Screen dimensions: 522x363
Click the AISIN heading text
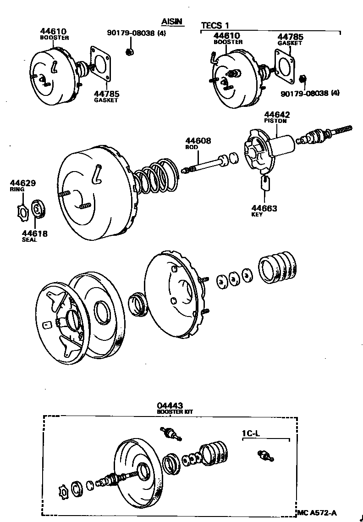[172, 22]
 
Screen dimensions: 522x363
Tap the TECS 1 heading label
[215, 25]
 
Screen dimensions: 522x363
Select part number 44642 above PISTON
[277, 115]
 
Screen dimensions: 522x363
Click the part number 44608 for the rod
[198, 141]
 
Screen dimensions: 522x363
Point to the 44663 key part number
[264, 208]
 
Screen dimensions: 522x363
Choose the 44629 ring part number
[22, 183]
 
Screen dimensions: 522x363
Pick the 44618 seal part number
[35, 233]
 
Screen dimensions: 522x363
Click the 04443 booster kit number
[170, 405]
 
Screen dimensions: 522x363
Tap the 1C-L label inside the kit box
[252, 433]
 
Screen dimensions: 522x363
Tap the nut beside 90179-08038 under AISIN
[129, 51]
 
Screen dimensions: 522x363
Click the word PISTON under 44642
[275, 121]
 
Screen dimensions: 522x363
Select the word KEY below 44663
[257, 215]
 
